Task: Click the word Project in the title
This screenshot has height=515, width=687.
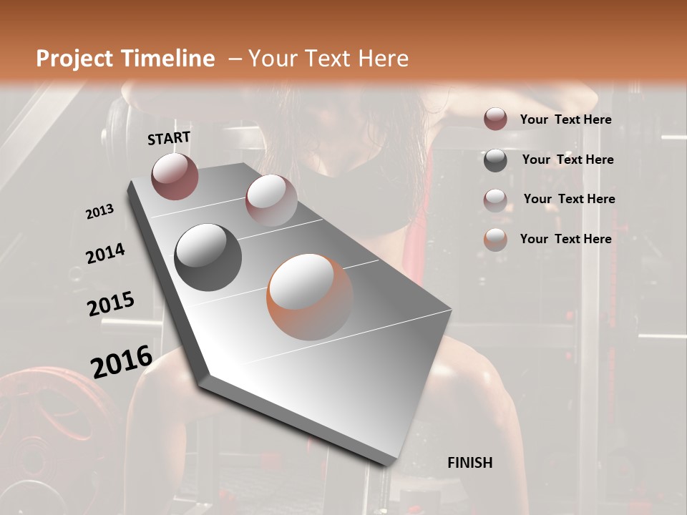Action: pyautogui.click(x=75, y=59)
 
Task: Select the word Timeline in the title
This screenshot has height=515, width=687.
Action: pyautogui.click(x=168, y=59)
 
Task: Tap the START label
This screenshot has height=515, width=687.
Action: pyautogui.click(x=169, y=138)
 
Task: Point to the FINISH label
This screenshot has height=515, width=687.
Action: pyautogui.click(x=470, y=463)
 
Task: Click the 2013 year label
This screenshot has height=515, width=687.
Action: pyautogui.click(x=99, y=211)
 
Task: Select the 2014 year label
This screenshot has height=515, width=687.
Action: pyautogui.click(x=105, y=253)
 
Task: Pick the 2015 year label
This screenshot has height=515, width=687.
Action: pyautogui.click(x=111, y=304)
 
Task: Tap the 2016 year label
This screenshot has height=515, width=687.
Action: pyautogui.click(x=122, y=362)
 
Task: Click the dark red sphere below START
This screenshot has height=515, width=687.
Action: pyautogui.click(x=175, y=176)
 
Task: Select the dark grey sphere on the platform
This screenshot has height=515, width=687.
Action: pyautogui.click(x=208, y=257)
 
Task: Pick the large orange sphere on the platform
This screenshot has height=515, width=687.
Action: pyautogui.click(x=310, y=296)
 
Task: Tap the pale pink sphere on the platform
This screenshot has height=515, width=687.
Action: pyautogui.click(x=271, y=200)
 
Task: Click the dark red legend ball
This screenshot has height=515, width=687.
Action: pyautogui.click(x=495, y=119)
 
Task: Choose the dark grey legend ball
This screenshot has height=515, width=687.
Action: pyautogui.click(x=495, y=160)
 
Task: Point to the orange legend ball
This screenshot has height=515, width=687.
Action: pyautogui.click(x=495, y=240)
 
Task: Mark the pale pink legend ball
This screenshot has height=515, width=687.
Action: pyautogui.click(x=495, y=200)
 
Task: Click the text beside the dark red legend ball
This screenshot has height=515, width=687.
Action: pyautogui.click(x=565, y=120)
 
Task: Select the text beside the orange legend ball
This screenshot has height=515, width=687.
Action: pyautogui.click(x=565, y=239)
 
